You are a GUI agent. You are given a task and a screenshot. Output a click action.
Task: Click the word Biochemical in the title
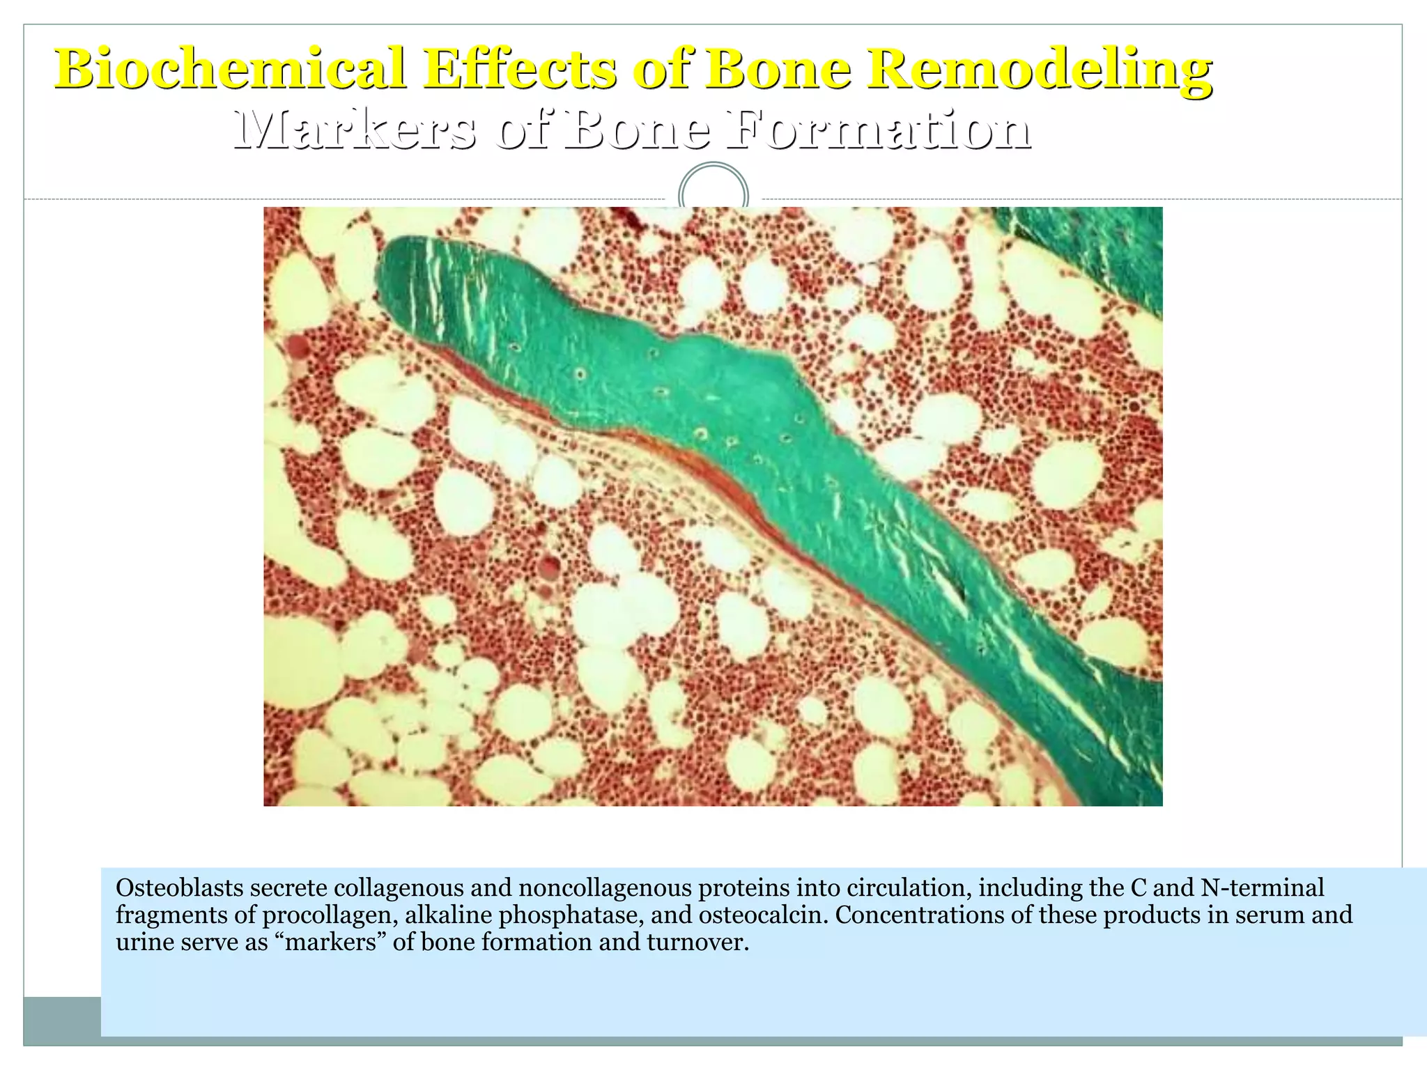tap(231, 68)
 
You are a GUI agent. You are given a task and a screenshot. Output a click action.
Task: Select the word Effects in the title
tap(520, 68)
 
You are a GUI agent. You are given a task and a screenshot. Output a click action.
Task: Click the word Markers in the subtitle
tap(355, 130)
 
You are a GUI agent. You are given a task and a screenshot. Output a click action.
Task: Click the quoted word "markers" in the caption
tap(330, 942)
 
